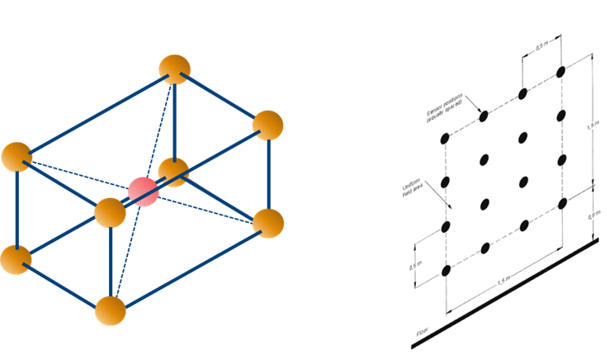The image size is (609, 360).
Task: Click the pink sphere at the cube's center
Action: click(142, 191)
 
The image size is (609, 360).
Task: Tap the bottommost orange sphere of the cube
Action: click(110, 310)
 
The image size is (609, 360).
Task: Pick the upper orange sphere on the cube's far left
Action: click(16, 157)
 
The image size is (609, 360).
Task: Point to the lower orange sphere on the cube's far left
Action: click(16, 258)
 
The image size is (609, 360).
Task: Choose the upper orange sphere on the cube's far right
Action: click(267, 125)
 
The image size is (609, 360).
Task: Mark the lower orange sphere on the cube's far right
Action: click(267, 223)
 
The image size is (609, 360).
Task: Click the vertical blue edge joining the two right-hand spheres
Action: click(268, 174)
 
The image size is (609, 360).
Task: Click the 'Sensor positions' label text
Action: click(446, 110)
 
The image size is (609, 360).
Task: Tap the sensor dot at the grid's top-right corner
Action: click(561, 72)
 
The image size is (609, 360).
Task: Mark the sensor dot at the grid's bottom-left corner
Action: click(446, 270)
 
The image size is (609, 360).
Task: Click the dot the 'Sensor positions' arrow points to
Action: click(484, 116)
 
